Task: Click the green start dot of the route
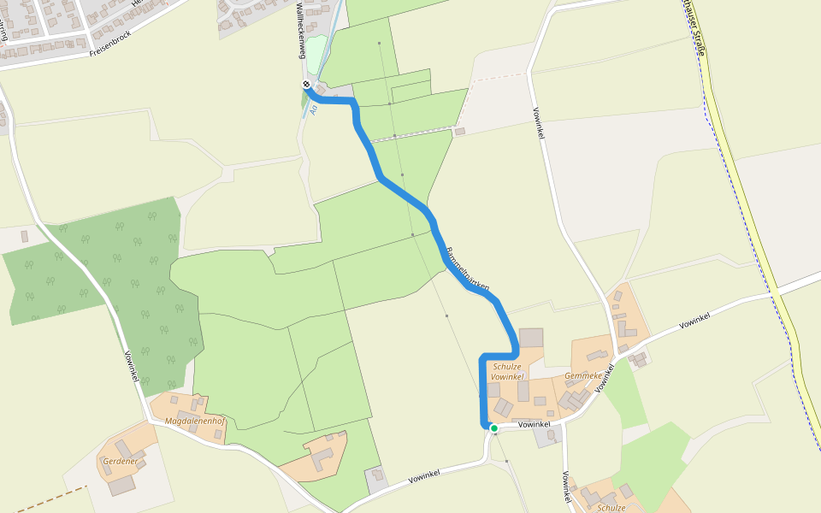tap(493, 427)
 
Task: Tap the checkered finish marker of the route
tap(305, 85)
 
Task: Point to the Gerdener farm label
tap(120, 461)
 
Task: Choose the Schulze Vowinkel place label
tap(507, 371)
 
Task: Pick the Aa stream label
tap(313, 109)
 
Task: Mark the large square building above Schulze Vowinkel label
tap(531, 338)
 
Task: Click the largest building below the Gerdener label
tap(121, 485)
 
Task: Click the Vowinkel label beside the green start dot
tap(534, 424)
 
